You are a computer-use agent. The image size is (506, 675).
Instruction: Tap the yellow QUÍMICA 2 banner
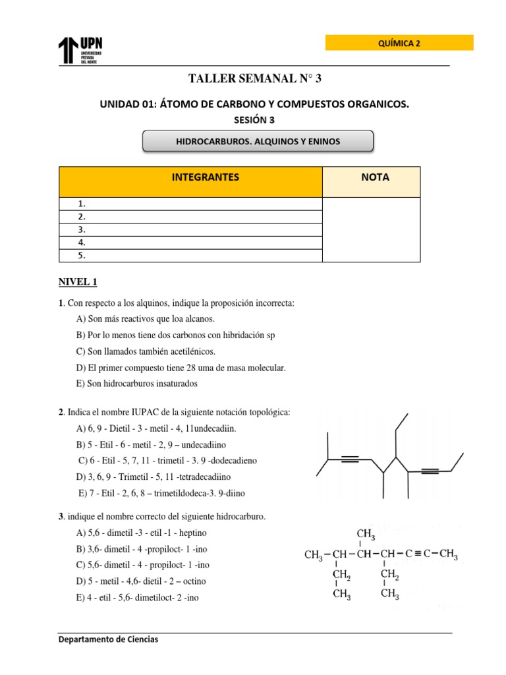(399, 44)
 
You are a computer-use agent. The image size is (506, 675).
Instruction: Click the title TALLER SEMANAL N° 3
(256, 79)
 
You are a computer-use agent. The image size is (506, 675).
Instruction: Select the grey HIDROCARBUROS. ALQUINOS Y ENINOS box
(258, 140)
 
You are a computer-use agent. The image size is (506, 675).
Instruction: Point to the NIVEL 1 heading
(78, 282)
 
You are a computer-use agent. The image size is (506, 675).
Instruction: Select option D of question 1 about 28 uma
(181, 367)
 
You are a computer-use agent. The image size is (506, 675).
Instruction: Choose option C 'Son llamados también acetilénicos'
(146, 351)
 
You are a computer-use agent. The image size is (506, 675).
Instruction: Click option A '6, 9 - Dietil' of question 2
(156, 428)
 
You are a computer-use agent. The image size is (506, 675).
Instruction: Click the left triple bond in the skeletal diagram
(351, 460)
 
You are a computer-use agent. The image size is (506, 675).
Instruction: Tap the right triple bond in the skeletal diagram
(430, 471)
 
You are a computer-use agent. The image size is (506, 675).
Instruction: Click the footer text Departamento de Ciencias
(108, 639)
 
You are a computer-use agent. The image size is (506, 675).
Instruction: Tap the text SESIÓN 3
(254, 119)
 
